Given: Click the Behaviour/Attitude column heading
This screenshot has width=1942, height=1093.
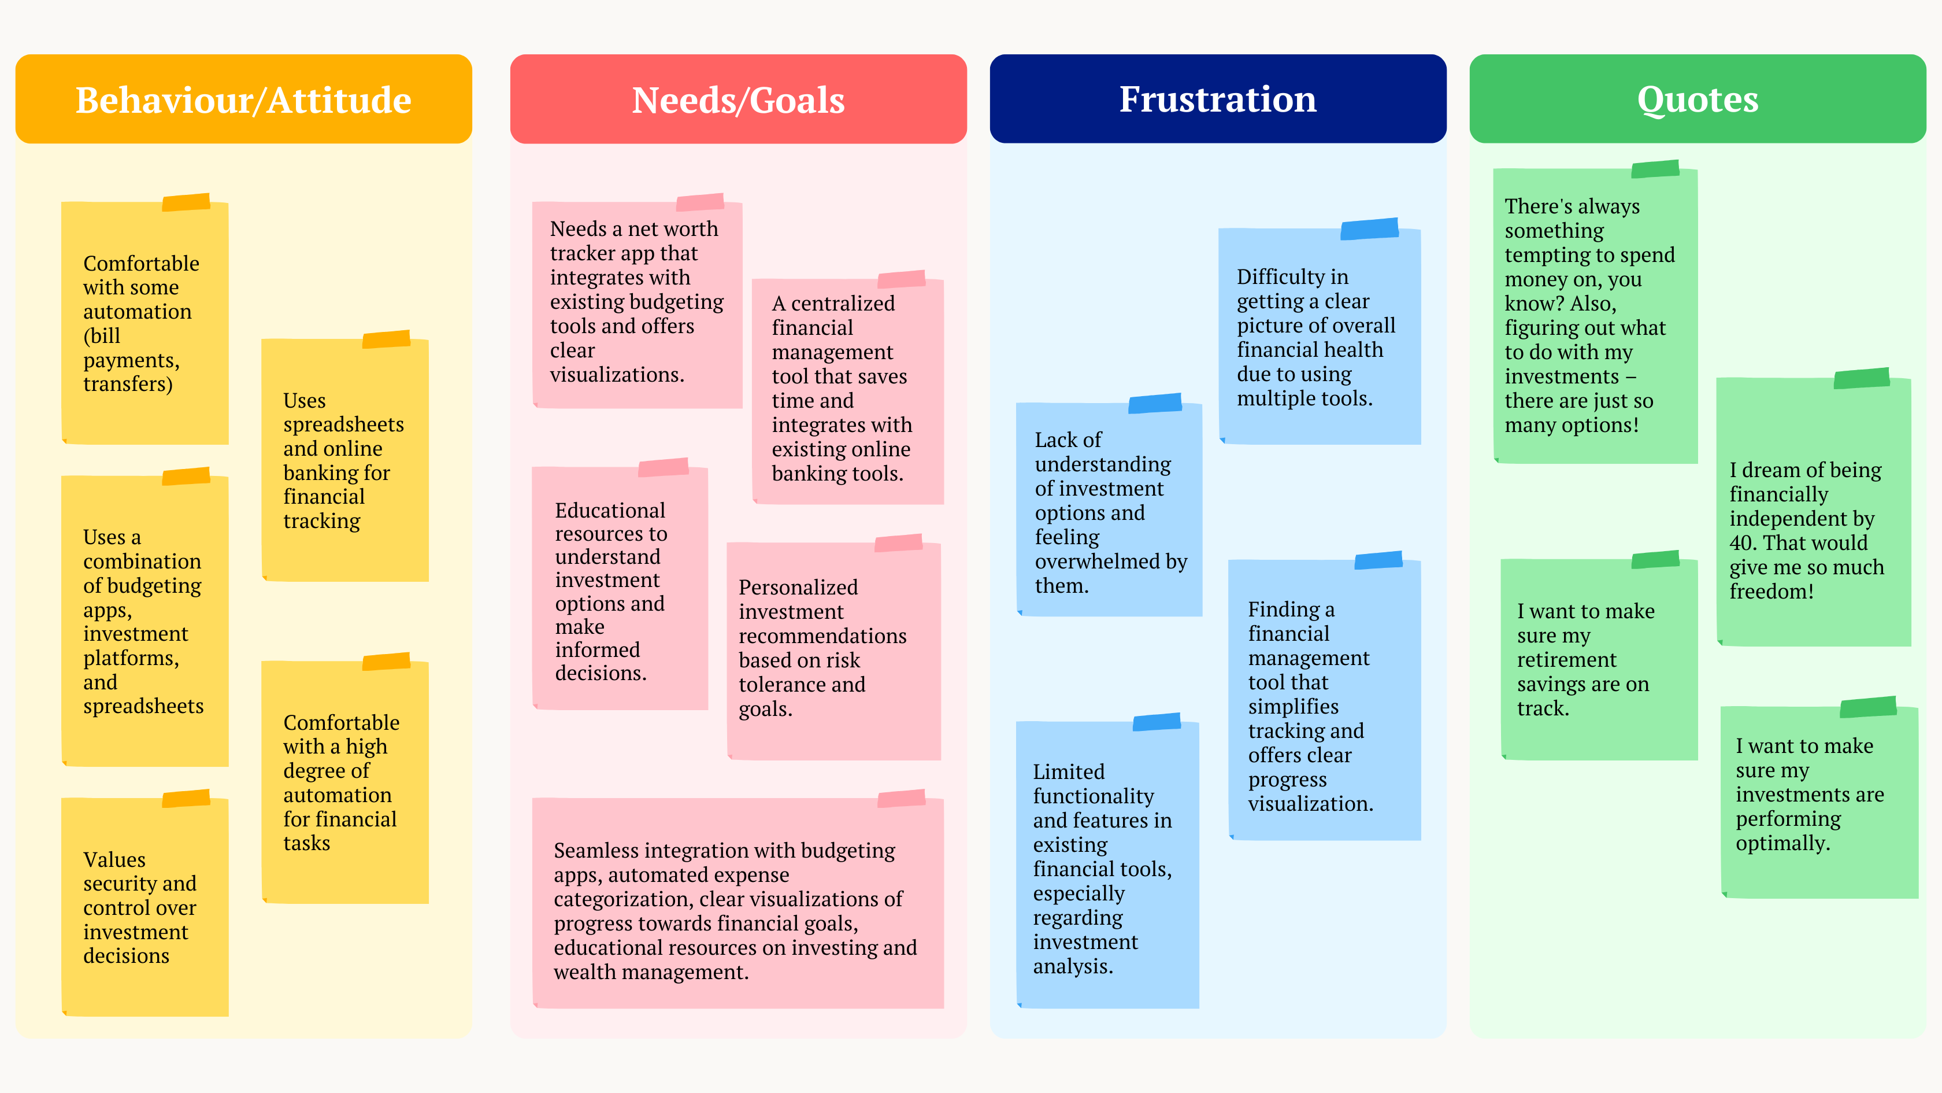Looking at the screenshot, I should [x=243, y=99].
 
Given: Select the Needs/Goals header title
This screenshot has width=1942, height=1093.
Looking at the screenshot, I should [x=737, y=99].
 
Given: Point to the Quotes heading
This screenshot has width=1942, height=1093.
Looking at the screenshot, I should [x=1697, y=99].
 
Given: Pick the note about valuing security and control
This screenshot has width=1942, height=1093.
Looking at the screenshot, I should [x=144, y=907].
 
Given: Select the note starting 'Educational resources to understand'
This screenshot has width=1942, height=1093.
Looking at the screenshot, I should [x=619, y=590].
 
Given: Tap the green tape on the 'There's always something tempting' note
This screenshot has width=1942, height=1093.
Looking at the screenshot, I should [x=1655, y=168].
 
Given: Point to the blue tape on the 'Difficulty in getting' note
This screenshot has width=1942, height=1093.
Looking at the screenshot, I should [x=1369, y=228].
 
